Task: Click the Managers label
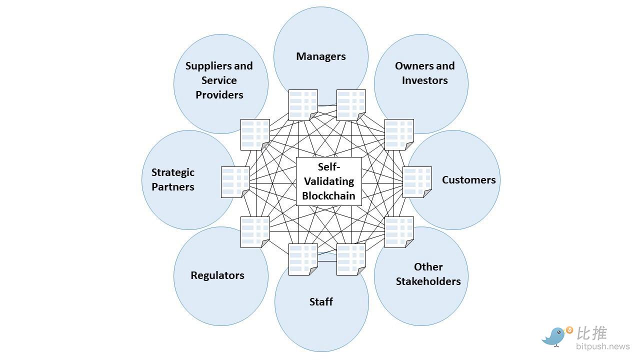pyautogui.click(x=320, y=56)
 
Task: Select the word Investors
pyautogui.click(x=424, y=80)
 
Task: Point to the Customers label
pyautogui.click(x=468, y=180)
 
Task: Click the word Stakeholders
pyautogui.click(x=428, y=281)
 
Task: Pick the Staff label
pyautogui.click(x=321, y=301)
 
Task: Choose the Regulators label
pyautogui.click(x=217, y=275)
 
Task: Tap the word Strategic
pyautogui.click(x=173, y=172)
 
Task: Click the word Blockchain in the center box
pyautogui.click(x=328, y=195)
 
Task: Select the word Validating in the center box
pyautogui.click(x=328, y=181)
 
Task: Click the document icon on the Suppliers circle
pyautogui.click(x=255, y=134)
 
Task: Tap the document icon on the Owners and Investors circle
pyautogui.click(x=399, y=134)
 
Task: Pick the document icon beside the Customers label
pyautogui.click(x=417, y=182)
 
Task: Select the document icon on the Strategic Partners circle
pyautogui.click(x=235, y=182)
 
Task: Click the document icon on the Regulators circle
pyautogui.click(x=255, y=232)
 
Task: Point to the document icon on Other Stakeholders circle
pyautogui.click(x=399, y=232)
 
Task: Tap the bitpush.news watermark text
pyautogui.click(x=602, y=346)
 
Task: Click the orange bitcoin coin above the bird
pyautogui.click(x=569, y=330)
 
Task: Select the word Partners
pyautogui.click(x=173, y=187)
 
